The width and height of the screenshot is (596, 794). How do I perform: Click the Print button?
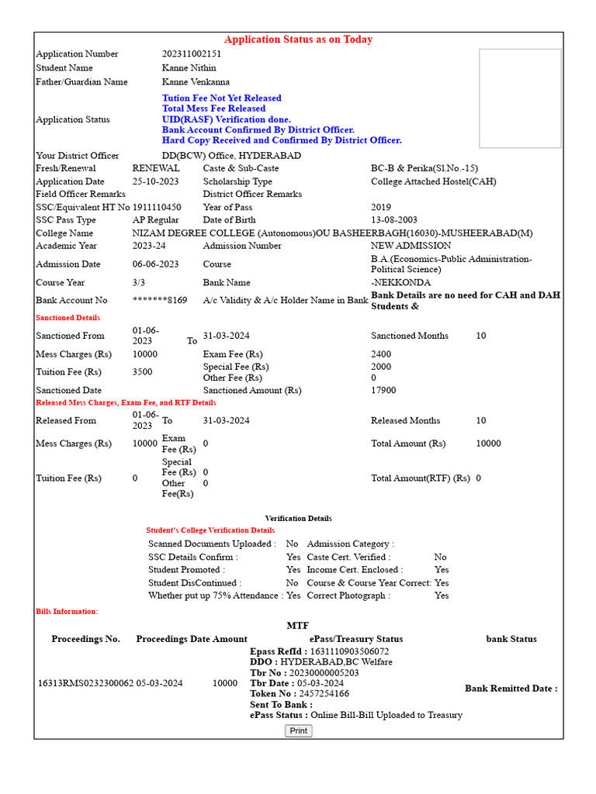298,730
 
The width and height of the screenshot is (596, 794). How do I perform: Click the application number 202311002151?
192,54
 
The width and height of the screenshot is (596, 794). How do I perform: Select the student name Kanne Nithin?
189,67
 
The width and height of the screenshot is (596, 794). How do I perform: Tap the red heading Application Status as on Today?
298,40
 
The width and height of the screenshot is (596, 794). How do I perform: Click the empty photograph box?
519,98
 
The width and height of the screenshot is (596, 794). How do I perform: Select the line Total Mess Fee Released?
213,109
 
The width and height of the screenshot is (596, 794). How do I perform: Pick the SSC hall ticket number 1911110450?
157,207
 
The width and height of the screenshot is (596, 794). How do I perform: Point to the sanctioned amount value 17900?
383,391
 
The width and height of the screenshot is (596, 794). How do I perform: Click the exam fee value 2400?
381,354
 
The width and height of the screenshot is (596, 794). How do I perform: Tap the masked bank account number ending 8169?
160,300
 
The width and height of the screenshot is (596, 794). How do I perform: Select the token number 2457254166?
324,694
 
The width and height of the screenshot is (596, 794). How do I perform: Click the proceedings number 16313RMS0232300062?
85,683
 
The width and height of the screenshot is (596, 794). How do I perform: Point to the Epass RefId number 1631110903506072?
349,651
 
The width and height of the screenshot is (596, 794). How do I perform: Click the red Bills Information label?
67,612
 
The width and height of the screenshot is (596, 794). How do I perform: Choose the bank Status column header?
511,639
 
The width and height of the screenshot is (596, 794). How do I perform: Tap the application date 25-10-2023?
156,181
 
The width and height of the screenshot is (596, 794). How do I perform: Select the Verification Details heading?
298,518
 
